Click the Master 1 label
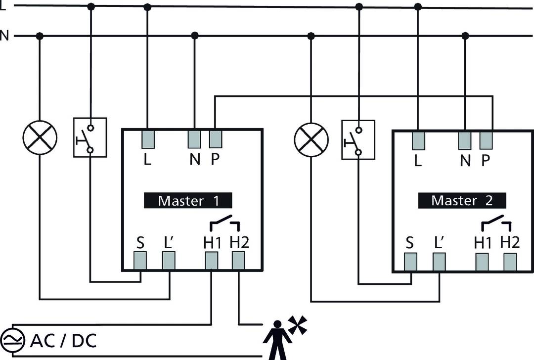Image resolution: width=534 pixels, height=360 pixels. [x=188, y=201]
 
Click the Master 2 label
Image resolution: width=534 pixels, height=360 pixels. [x=462, y=201]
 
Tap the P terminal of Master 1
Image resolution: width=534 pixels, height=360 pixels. [x=216, y=139]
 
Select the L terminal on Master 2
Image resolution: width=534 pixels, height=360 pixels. [x=418, y=140]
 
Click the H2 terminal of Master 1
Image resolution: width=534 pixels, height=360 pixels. [x=239, y=261]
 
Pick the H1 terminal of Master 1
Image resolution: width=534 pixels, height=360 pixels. [x=212, y=261]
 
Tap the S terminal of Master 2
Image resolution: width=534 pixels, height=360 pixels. [x=410, y=262]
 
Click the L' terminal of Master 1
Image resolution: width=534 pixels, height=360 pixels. [x=169, y=261]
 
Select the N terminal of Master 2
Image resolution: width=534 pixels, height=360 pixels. [x=465, y=140]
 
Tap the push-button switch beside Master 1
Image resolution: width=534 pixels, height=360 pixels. [x=90, y=137]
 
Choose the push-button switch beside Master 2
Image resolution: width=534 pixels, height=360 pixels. [x=358, y=139]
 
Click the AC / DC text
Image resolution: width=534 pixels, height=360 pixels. [x=63, y=340]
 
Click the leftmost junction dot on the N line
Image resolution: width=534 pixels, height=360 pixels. [x=40, y=36]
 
